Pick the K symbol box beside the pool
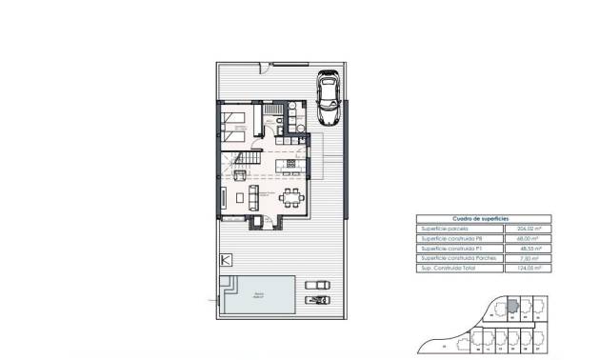click(x=226, y=260)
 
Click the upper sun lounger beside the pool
click(x=313, y=285)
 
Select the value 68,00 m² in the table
click(x=513, y=238)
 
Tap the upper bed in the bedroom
click(x=235, y=121)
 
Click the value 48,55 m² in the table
click(x=513, y=249)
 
